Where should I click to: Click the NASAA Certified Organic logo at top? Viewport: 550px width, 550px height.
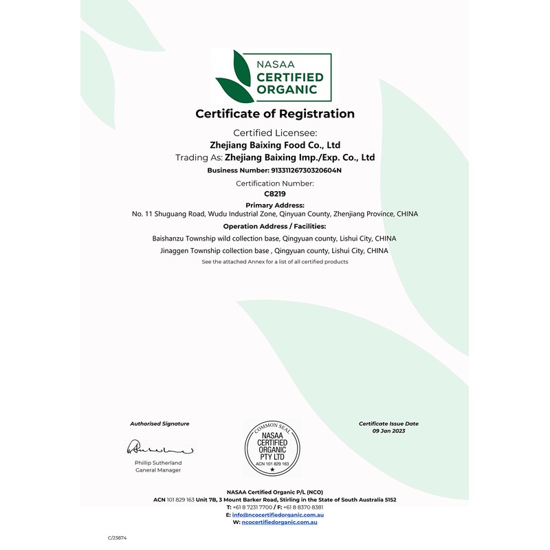274,76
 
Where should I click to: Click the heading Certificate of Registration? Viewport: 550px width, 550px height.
275,114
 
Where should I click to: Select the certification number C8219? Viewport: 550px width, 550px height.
274,195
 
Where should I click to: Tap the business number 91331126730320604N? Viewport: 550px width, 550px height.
302,169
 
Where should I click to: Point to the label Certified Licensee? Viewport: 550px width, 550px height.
274,133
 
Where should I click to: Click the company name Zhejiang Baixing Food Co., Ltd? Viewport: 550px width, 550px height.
274,145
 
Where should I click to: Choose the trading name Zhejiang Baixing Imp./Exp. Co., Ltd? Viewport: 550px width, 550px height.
300,157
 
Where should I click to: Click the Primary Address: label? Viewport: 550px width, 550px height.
274,205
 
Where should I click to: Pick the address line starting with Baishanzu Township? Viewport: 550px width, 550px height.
274,238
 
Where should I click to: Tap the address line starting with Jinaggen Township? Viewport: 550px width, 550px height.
274,251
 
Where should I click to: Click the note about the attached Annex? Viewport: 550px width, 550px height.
274,262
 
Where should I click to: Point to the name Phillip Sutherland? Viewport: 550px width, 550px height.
158,463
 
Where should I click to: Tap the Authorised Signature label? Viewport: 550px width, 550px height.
159,423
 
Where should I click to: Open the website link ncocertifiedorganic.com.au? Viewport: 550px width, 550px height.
280,522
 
